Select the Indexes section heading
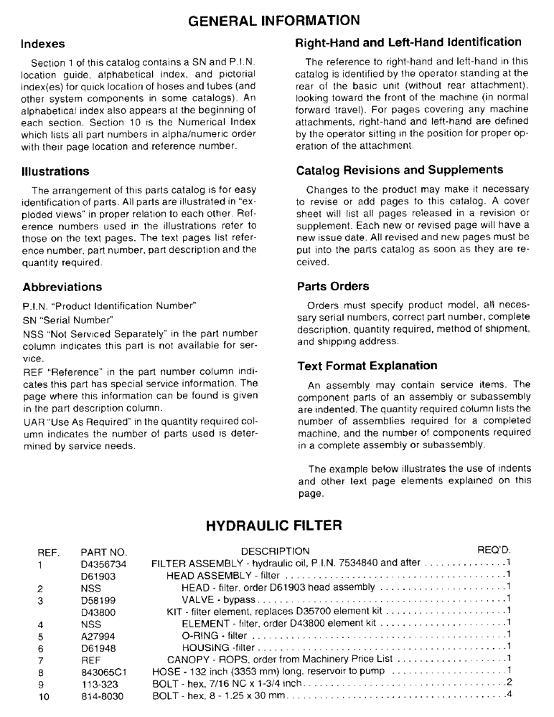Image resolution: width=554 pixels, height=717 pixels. [44, 44]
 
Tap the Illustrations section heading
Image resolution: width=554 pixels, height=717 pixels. [56, 172]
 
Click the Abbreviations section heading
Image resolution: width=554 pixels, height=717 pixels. [62, 287]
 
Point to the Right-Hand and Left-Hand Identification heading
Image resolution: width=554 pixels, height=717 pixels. [408, 42]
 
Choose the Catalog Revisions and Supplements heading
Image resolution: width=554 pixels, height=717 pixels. [400, 171]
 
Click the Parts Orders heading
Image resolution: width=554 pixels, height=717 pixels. [334, 286]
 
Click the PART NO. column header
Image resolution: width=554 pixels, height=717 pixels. [103, 551]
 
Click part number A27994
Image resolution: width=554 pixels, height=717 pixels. [99, 635]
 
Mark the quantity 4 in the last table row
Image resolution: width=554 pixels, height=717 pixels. [508, 693]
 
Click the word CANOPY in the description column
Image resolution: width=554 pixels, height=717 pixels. [188, 659]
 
